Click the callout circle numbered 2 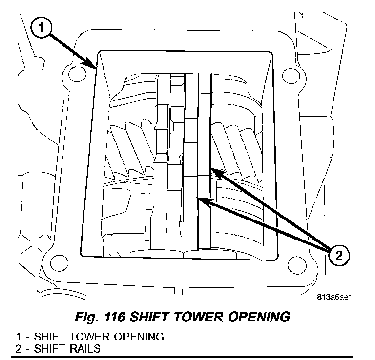339,254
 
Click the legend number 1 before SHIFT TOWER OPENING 18,337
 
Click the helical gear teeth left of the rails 129,149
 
